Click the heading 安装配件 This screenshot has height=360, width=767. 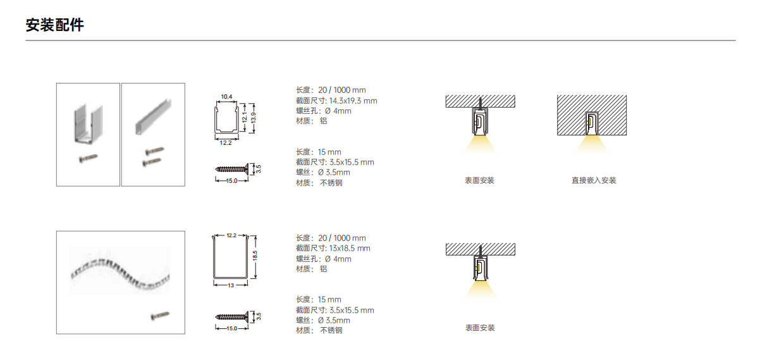55,25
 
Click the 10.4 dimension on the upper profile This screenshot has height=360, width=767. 226,97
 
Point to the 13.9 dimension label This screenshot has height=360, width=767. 254,118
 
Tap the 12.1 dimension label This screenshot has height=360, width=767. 245,117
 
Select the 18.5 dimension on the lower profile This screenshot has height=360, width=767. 255,256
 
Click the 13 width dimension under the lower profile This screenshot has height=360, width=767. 231,285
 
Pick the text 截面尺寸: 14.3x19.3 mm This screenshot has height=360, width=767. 336,101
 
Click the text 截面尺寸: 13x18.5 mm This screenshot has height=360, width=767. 333,249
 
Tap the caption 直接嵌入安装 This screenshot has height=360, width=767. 594,180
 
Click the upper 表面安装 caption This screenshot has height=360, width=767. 479,180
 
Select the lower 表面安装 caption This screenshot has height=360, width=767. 480,328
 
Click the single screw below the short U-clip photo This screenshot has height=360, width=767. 89,158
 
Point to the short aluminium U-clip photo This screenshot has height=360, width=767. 89,123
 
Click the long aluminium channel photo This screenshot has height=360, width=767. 154,117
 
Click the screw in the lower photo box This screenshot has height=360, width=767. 160,315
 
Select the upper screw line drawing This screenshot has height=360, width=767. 232,169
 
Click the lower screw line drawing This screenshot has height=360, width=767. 232,317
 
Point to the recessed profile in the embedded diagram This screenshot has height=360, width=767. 592,123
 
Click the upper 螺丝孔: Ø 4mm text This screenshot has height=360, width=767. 324,111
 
